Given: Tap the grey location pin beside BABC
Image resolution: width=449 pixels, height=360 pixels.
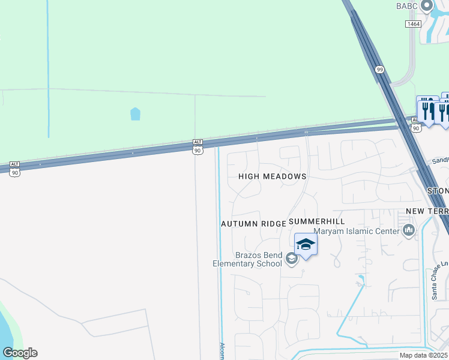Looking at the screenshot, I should pos(427,6).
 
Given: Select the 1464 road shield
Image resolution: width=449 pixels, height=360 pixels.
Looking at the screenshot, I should pos(413,23).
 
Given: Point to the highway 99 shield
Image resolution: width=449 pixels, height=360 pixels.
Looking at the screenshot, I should pos(380,70).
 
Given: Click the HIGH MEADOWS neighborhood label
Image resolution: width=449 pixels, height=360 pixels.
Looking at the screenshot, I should pos(273,176).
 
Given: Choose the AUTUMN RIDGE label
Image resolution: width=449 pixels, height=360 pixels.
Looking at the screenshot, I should pos(253,223).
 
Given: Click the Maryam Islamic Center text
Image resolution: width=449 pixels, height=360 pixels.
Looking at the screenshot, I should pos(356,231).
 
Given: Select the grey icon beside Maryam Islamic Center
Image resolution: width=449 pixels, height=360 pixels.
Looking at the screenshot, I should pos(409,230).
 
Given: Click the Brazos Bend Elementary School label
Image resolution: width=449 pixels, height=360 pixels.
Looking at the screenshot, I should pos(248,259).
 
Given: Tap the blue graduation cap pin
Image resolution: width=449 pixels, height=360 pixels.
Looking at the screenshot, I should pos(306,244).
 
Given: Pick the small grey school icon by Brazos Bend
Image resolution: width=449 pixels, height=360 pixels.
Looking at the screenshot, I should pos(292,259).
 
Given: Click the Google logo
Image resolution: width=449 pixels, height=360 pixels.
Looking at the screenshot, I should pos(20,353).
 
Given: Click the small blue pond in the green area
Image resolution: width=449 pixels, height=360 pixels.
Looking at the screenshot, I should pos(135,113).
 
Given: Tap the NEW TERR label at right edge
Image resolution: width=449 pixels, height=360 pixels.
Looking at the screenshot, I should pos(427,211).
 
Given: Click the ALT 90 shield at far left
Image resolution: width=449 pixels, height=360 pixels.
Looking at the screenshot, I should pos(15,169).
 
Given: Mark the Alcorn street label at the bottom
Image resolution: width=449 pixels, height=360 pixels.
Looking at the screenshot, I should pos(221,352).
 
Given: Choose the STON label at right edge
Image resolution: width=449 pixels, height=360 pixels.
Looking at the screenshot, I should pos(438,191).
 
